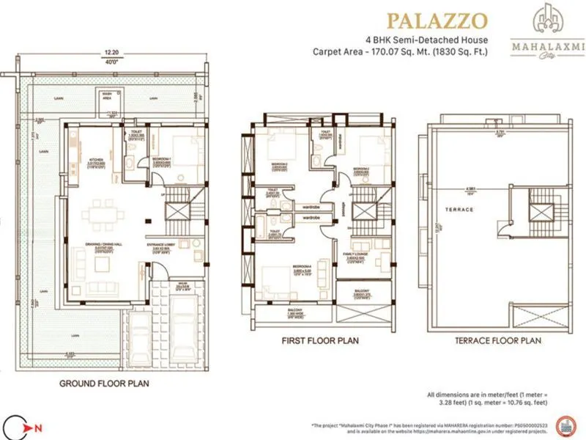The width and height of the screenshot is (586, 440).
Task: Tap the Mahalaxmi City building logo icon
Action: point(544,23)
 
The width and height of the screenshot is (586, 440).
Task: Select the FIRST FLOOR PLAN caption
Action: point(319,341)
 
